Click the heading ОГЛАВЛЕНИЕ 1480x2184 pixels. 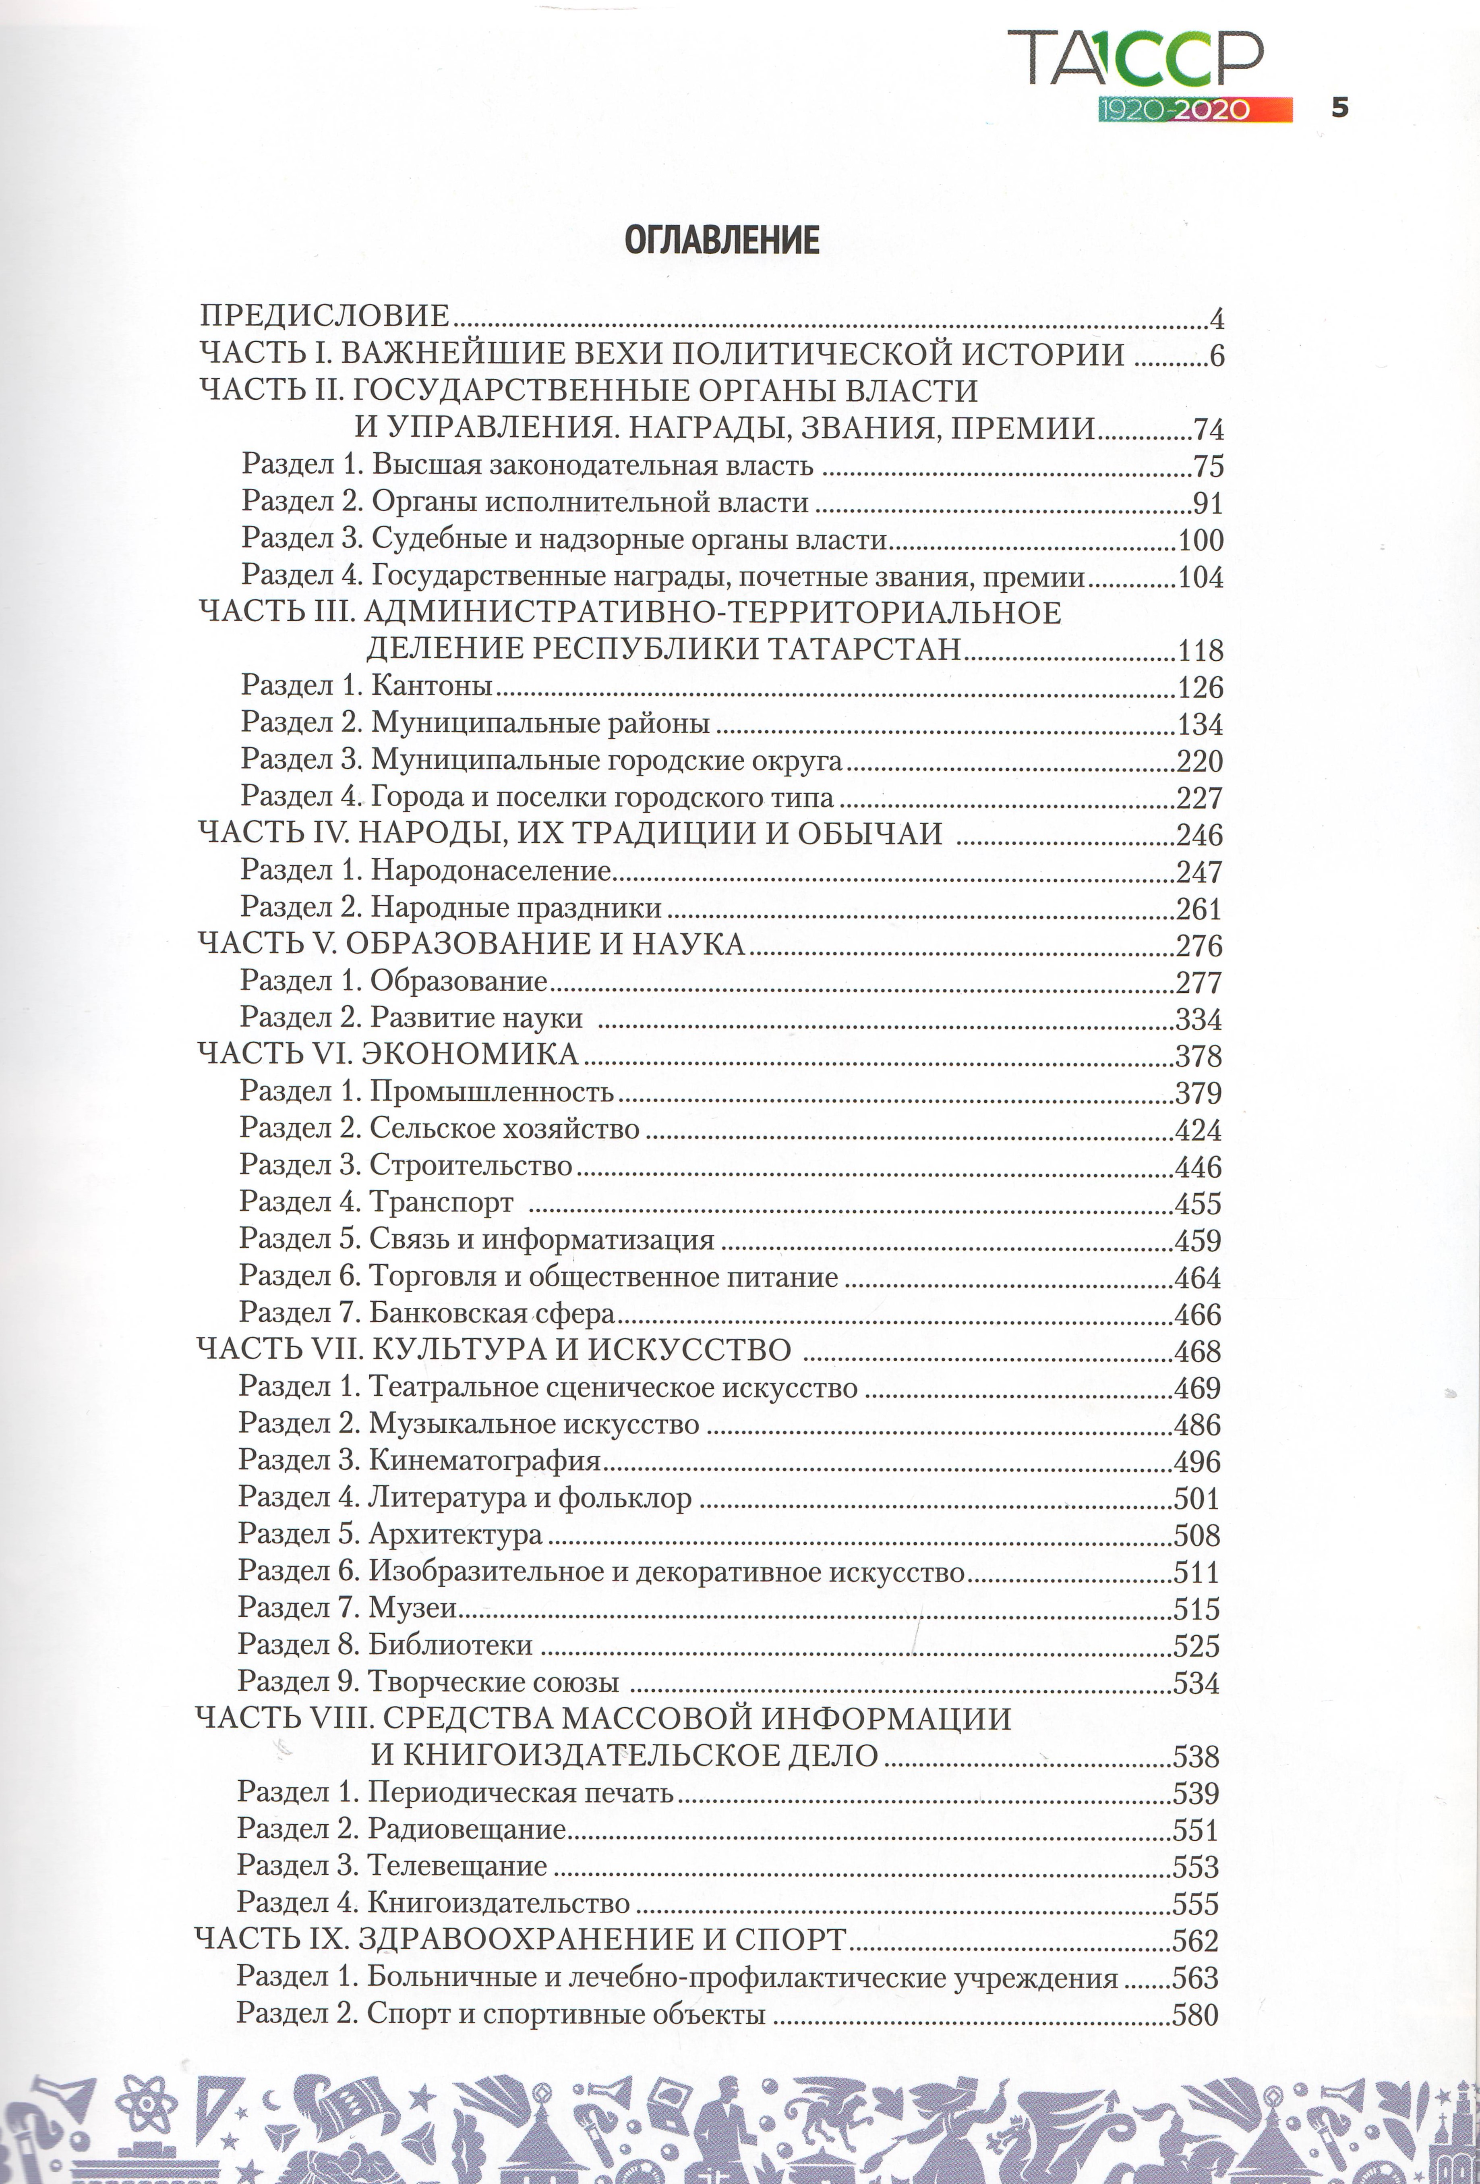pyautogui.click(x=722, y=241)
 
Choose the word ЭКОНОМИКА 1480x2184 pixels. pyautogui.click(x=470, y=1054)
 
